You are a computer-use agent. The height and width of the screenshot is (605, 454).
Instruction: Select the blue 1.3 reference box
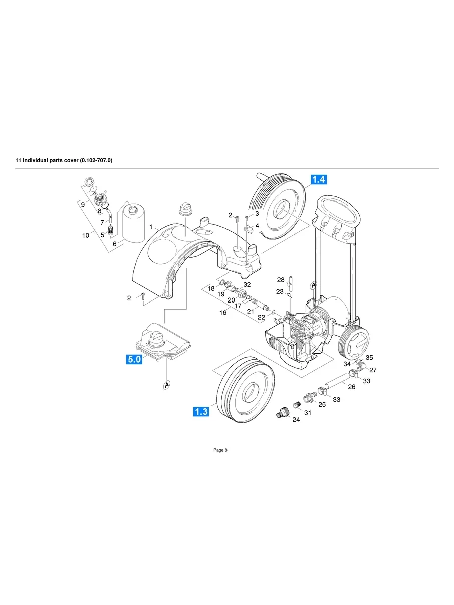[201, 412]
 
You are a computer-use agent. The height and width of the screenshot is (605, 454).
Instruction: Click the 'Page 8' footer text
[220, 450]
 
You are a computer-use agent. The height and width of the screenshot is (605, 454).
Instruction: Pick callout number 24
[296, 420]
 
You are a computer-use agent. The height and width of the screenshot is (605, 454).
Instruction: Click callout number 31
[308, 413]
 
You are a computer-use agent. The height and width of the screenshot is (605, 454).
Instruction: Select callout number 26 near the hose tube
[351, 387]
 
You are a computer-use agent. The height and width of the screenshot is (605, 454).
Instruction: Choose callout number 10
[86, 235]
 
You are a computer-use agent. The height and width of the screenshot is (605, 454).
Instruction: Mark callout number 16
[223, 313]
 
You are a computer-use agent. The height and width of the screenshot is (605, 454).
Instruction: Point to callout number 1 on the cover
[151, 227]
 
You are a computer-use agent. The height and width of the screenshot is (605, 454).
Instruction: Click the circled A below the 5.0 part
[165, 385]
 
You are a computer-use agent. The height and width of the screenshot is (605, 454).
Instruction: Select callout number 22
[262, 318]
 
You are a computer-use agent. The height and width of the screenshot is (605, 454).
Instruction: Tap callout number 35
[369, 358]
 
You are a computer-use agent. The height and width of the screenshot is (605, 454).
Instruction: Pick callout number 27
[373, 370]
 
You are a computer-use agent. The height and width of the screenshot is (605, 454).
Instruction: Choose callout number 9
[83, 204]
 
